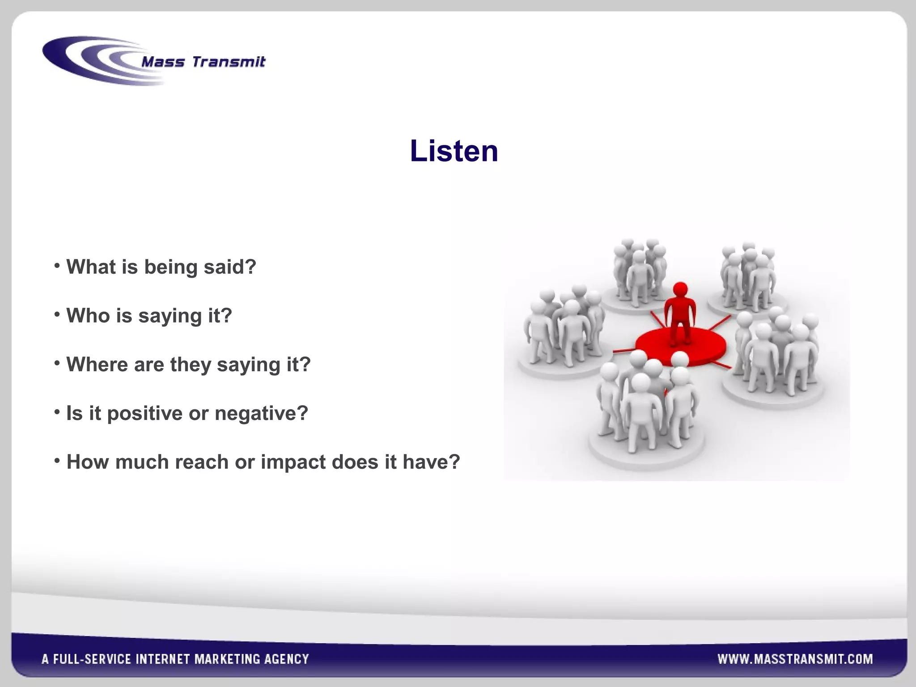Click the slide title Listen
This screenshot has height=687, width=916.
tap(454, 151)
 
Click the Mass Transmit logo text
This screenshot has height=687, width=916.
tap(203, 62)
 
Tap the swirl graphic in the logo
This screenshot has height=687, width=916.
tap(89, 60)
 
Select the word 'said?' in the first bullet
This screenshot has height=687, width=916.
tap(230, 267)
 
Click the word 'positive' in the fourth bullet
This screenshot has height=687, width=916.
tap(145, 414)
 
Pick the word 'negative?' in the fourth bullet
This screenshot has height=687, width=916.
tap(262, 413)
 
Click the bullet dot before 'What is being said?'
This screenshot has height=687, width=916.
tap(57, 266)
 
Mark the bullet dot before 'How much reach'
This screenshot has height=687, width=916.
tap(57, 461)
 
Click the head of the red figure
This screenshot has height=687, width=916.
tap(680, 289)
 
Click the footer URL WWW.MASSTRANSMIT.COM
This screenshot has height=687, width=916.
tap(795, 659)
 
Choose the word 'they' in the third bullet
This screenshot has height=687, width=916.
tap(191, 365)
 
